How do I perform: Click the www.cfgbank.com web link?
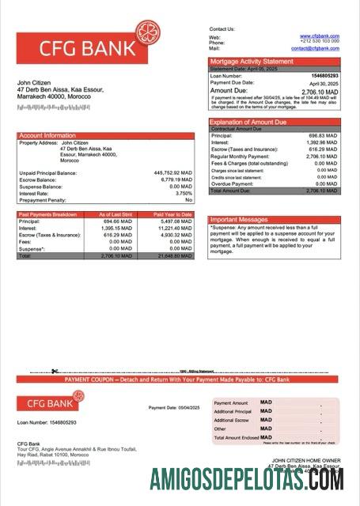click(x=320, y=36)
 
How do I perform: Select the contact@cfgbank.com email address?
click(x=315, y=48)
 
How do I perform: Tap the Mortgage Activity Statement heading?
click(x=251, y=61)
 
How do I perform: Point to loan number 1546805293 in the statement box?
click(x=323, y=76)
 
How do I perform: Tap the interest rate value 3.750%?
click(x=184, y=193)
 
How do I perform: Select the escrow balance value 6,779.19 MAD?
click(x=176, y=179)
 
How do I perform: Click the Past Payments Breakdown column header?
click(x=48, y=214)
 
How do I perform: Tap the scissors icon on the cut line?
click(x=55, y=372)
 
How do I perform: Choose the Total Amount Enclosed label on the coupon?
click(x=236, y=437)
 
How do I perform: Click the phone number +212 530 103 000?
click(x=320, y=42)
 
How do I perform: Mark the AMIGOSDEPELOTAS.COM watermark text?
click(x=247, y=479)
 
